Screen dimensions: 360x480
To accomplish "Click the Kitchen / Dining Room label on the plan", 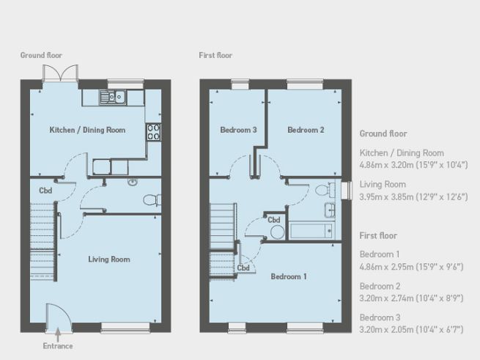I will pyautogui.click(x=87, y=130).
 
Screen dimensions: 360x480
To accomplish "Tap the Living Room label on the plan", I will pyautogui.click(x=109, y=259).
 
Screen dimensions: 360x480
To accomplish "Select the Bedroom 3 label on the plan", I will pyautogui.click(x=238, y=130).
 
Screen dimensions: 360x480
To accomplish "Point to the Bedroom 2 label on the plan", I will pyautogui.click(x=306, y=130).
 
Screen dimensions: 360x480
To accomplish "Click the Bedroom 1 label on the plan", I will pyautogui.click(x=289, y=276).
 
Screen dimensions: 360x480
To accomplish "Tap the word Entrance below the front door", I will pyautogui.click(x=57, y=345).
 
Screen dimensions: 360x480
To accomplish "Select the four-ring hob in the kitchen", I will pyautogui.click(x=155, y=131).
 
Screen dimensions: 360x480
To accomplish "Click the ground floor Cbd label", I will pyautogui.click(x=45, y=191).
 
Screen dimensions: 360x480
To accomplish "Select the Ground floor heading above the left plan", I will pyautogui.click(x=40, y=55).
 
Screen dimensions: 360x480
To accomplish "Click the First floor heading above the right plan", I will pyautogui.click(x=216, y=55).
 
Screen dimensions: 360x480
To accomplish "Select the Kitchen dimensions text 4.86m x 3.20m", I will pyautogui.click(x=413, y=165).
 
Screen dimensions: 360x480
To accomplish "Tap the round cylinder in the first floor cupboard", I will pyautogui.click(x=277, y=232).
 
